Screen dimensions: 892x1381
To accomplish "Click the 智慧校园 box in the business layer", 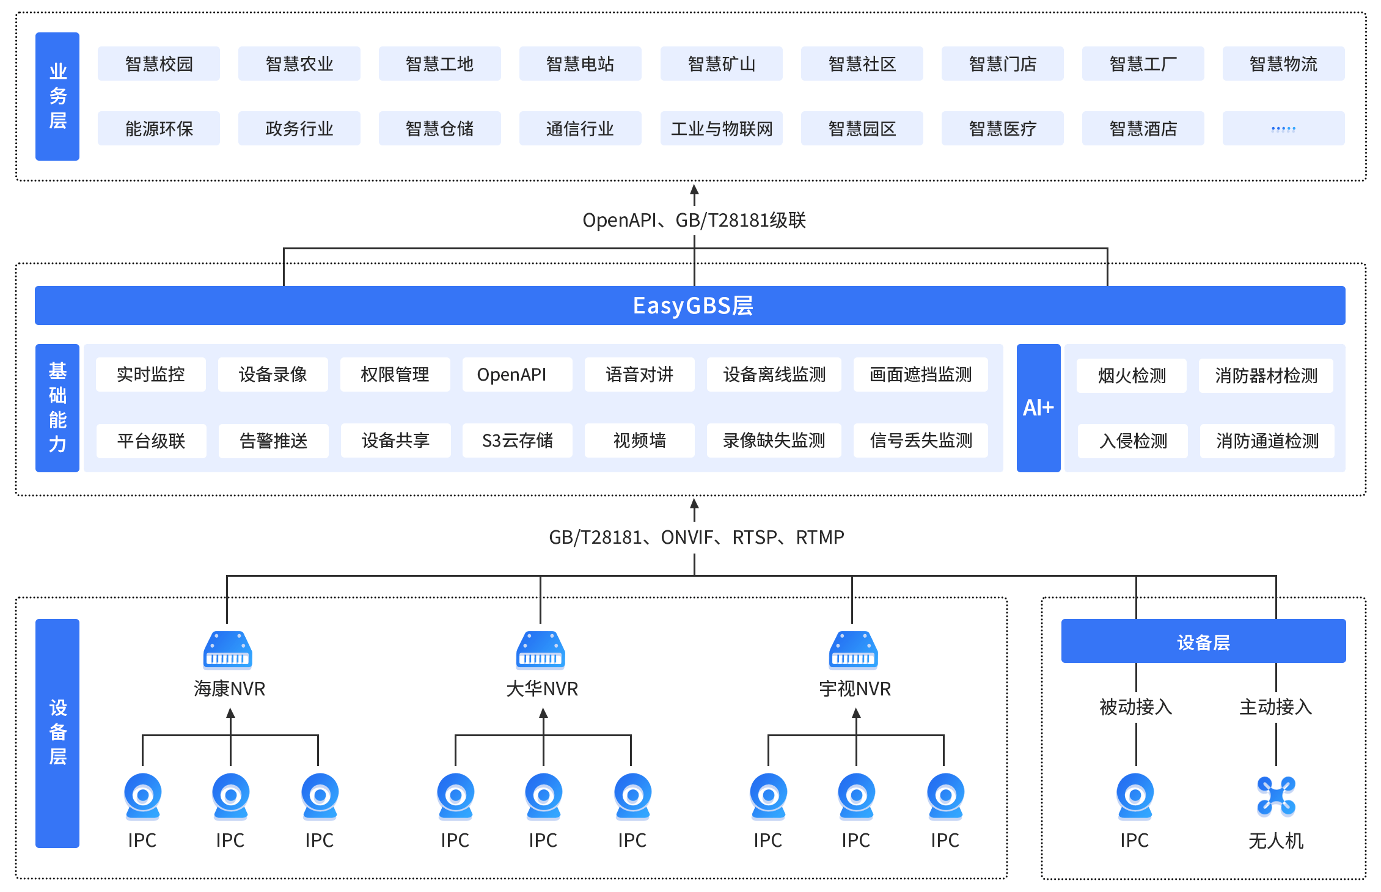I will pos(159,64).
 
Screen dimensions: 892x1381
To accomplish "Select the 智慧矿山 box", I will pos(721,64).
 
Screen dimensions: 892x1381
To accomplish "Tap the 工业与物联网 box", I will pos(721,128).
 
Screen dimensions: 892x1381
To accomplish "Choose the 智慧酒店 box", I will pos(1143,128).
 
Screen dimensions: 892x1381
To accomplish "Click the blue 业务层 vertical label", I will pos(57,97).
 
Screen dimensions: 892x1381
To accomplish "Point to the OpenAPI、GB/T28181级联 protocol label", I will pos(695,220).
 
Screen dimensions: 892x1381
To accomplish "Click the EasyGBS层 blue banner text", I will pos(692,305).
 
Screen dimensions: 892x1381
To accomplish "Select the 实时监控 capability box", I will pos(151,375).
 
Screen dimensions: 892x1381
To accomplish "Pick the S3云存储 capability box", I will pos(517,441).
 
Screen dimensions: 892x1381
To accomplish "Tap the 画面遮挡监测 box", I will pos(920,375).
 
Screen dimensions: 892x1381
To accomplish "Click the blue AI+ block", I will pos(1038,408).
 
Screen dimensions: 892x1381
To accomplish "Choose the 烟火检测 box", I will pos(1132,376).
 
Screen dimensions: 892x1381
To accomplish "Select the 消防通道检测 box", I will pos(1267,441).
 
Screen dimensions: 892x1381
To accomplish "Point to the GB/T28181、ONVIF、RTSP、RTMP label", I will pos(696,537).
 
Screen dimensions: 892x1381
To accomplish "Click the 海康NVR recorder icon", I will pos(227,650).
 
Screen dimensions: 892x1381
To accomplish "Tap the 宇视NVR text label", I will pos(855,689).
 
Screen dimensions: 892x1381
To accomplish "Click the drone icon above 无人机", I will pos(1276,796).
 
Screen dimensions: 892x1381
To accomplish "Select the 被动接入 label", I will pos(1135,707).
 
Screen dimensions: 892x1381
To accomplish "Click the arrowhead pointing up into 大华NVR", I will pos(543,713).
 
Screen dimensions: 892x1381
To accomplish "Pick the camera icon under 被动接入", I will pos(1135,795).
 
